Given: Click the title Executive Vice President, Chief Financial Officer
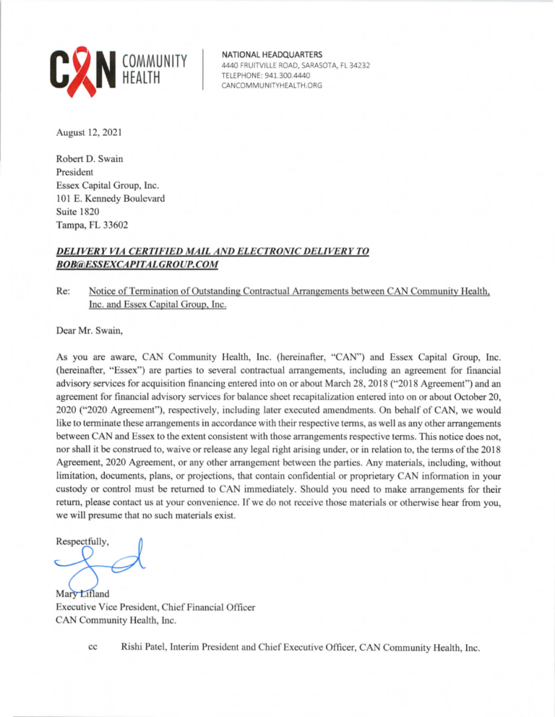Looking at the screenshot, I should (x=155, y=608).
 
